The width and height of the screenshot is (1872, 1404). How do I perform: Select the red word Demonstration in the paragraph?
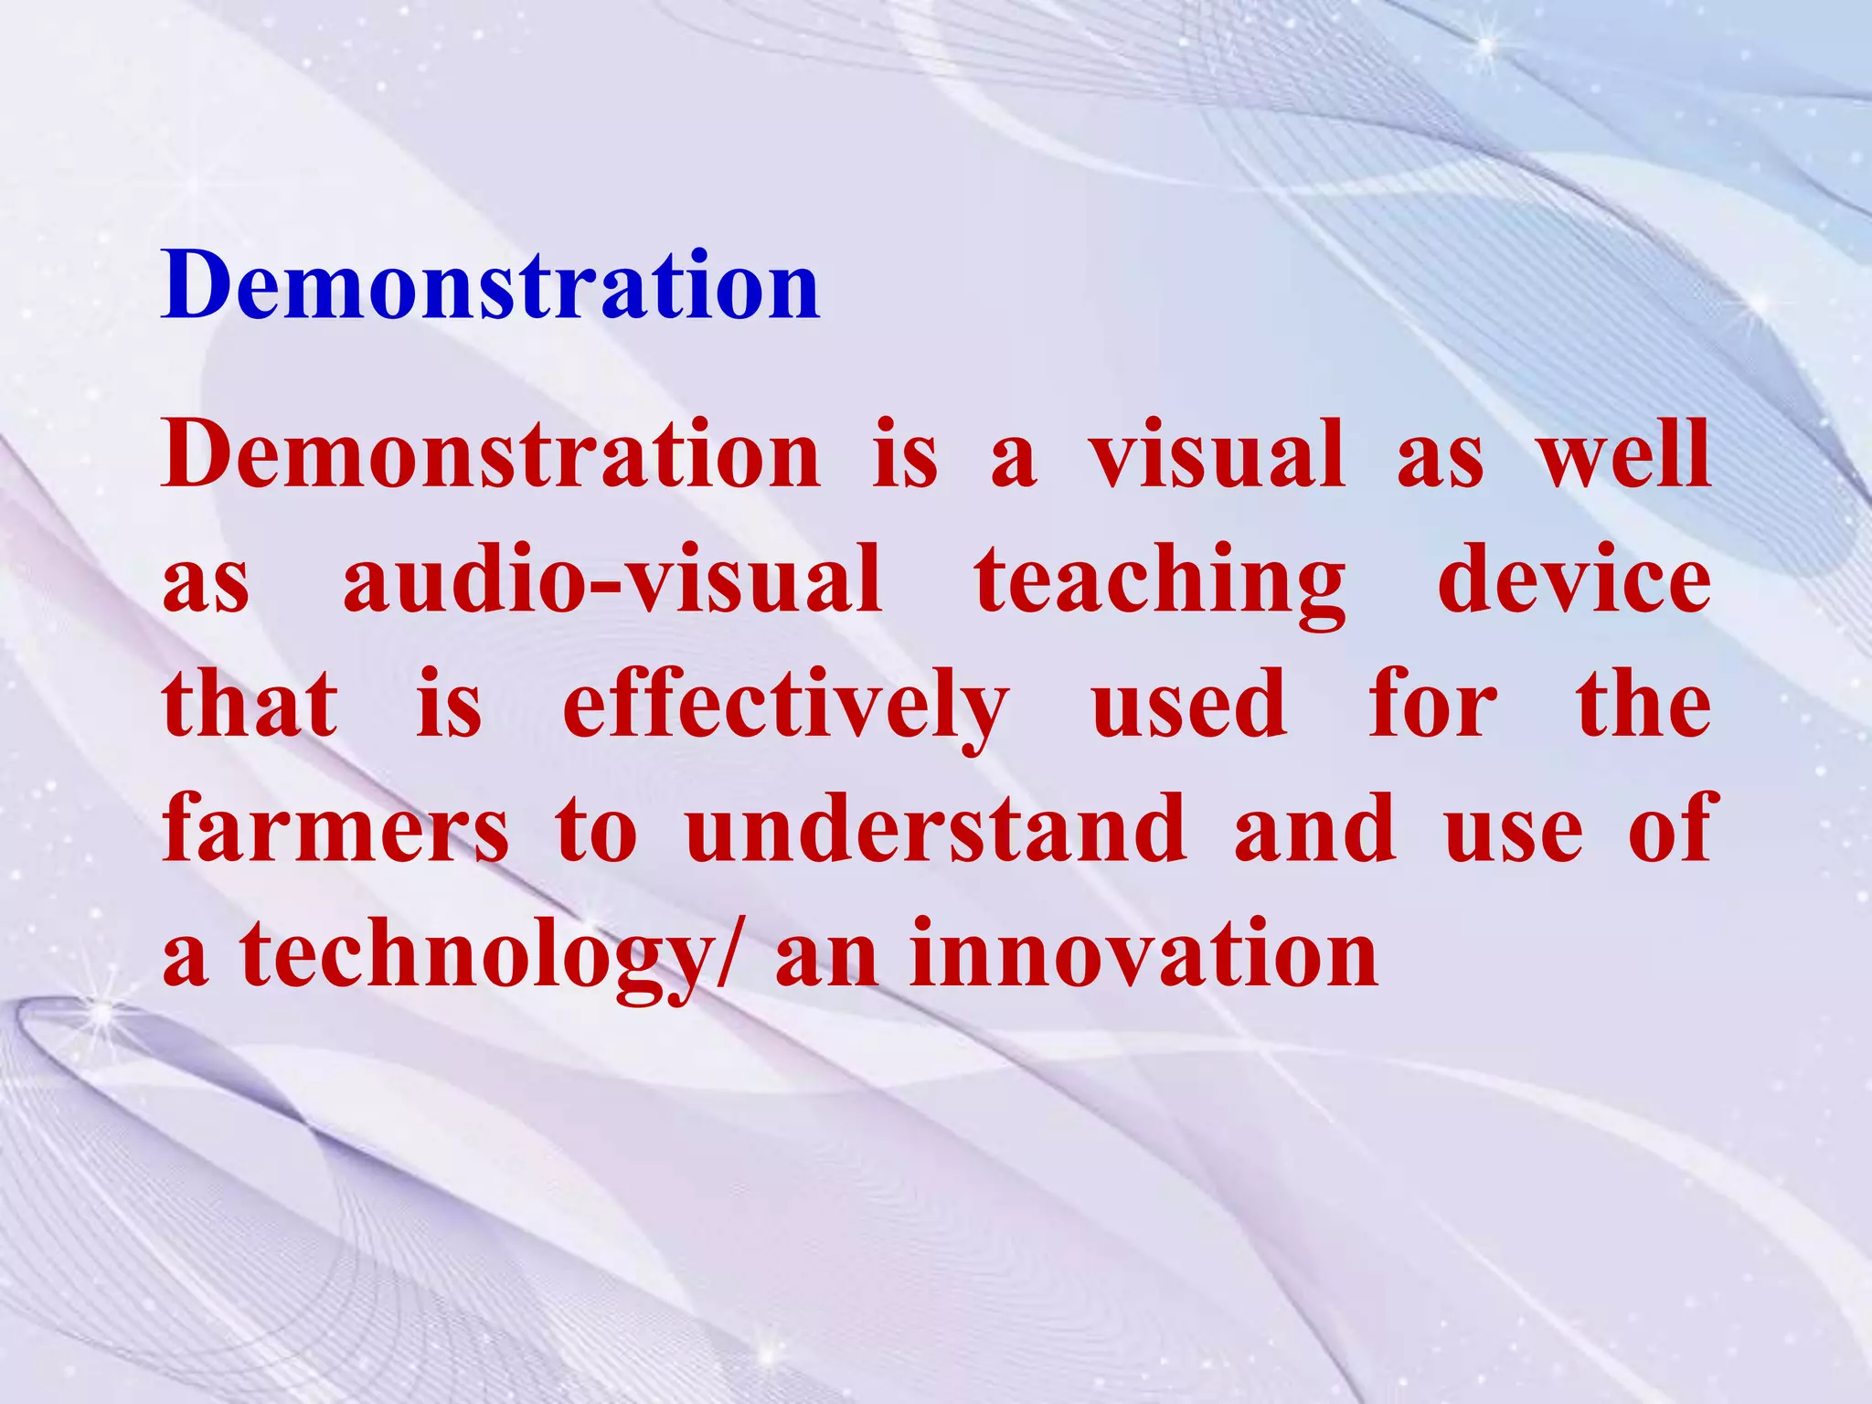[491, 454]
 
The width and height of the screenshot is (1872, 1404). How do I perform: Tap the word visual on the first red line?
[1216, 454]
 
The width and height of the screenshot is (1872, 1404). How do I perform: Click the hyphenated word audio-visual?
[612, 580]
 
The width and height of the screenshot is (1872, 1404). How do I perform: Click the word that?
[250, 704]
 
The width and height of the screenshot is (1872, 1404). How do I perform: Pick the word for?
[1432, 704]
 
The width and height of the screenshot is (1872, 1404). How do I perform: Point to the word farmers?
[335, 829]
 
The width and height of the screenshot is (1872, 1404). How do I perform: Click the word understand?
[937, 829]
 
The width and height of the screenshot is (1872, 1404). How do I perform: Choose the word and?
[1315, 829]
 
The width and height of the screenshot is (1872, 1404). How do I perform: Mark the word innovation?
[1143, 954]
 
